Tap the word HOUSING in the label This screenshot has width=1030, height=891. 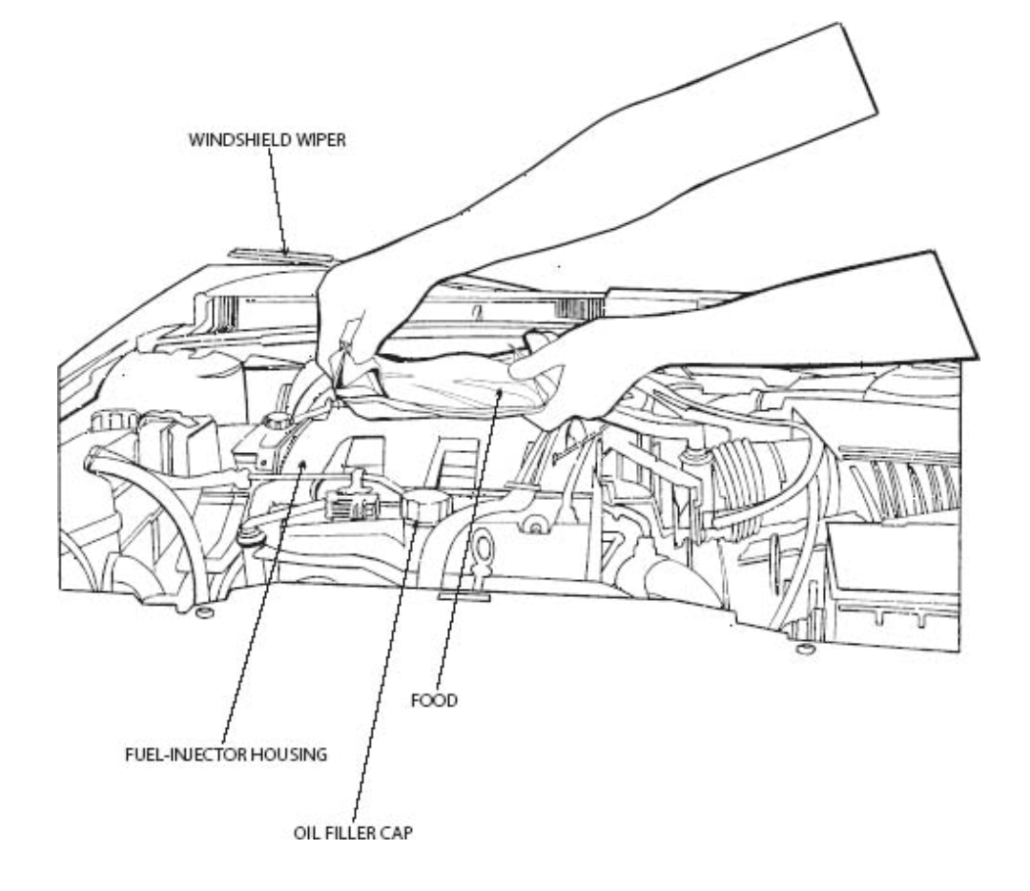pyautogui.click(x=293, y=754)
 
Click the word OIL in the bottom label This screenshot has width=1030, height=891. pyautogui.click(x=304, y=832)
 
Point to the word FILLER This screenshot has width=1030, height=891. pyautogui.click(x=342, y=832)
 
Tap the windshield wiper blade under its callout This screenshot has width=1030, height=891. pyautogui.click(x=282, y=255)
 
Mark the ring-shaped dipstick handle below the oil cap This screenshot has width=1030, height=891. pyautogui.click(x=482, y=550)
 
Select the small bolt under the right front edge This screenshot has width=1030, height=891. pyautogui.click(x=804, y=650)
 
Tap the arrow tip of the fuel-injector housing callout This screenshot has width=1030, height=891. pyautogui.click(x=302, y=463)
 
